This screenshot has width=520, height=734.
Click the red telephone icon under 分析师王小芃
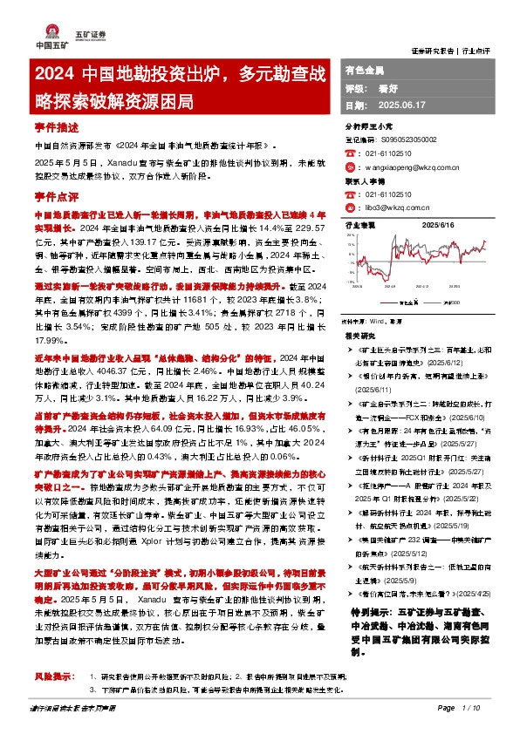point(350,152)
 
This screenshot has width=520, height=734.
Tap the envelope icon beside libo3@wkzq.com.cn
point(350,207)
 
